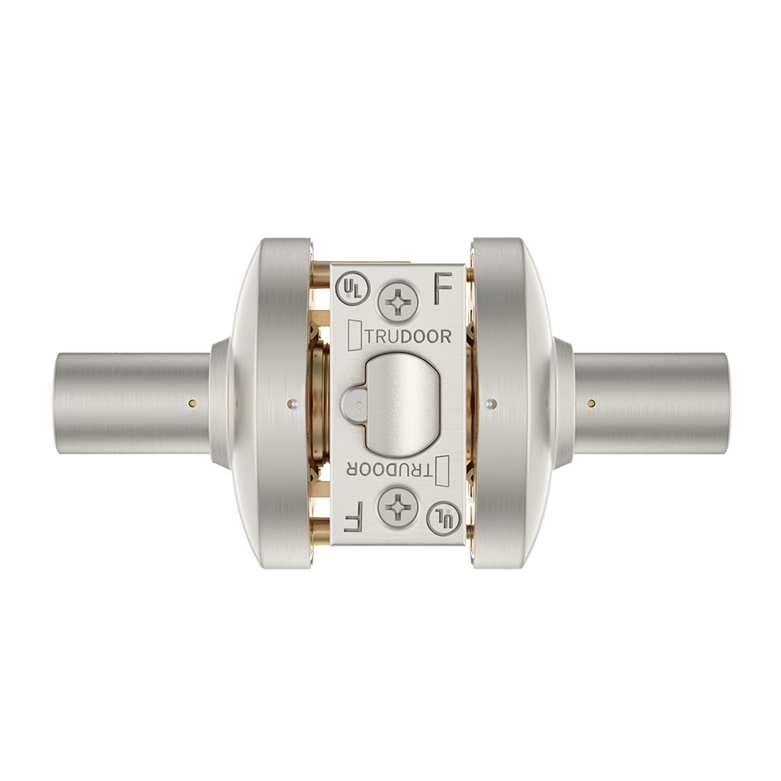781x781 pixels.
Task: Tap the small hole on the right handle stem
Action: [x=592, y=403]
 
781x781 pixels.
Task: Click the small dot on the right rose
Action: [x=490, y=403]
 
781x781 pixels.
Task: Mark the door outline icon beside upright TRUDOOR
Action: [x=352, y=336]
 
